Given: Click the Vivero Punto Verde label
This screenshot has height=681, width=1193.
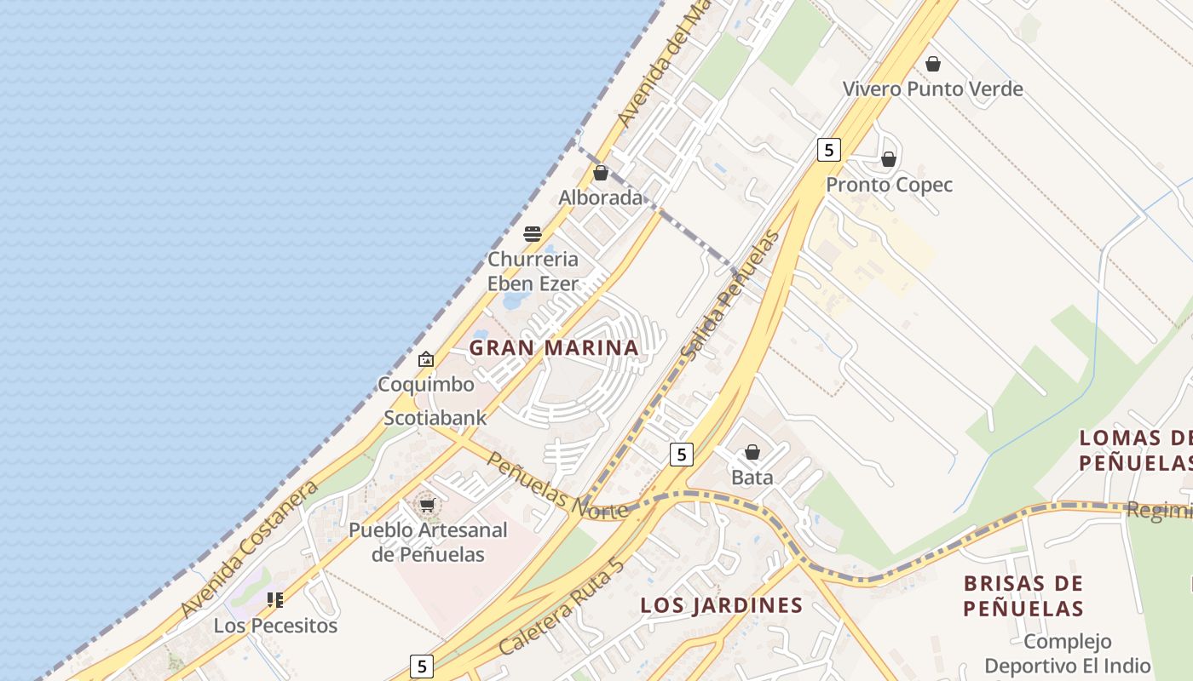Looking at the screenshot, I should click(x=932, y=89).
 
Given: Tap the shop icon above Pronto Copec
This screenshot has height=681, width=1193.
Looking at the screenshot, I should click(x=889, y=159).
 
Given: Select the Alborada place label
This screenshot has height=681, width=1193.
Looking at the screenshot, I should click(x=601, y=198).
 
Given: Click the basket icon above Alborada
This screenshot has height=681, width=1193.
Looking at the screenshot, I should click(x=601, y=173).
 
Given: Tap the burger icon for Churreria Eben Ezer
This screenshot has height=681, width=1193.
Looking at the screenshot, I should click(x=533, y=234).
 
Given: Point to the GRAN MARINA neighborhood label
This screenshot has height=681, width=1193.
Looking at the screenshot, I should click(x=554, y=348).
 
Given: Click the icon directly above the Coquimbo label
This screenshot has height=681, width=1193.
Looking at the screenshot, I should click(x=426, y=360).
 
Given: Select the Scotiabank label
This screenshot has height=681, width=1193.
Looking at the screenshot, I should click(x=435, y=418).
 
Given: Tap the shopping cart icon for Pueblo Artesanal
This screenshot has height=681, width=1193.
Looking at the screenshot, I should click(x=427, y=506).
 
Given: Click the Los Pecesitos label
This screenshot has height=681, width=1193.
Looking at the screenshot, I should click(x=275, y=626).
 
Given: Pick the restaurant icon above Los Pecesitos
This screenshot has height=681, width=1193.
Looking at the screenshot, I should click(x=274, y=600).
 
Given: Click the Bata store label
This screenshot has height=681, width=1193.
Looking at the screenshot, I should click(x=752, y=478).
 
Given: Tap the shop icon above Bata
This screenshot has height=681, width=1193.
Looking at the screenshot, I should click(x=752, y=452).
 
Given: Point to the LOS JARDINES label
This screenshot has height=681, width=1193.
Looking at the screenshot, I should click(x=722, y=605).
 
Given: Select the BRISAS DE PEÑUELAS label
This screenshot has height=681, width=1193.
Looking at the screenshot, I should click(x=1023, y=596).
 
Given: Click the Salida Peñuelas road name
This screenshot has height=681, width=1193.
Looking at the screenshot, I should click(x=731, y=295).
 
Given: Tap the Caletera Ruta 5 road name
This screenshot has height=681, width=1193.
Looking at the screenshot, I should click(x=562, y=605).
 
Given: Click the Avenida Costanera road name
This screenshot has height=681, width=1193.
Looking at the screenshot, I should click(x=250, y=549).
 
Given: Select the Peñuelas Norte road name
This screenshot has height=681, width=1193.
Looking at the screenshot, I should click(x=557, y=484).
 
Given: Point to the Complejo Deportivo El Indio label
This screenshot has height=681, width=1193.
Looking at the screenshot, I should click(x=1067, y=654).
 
